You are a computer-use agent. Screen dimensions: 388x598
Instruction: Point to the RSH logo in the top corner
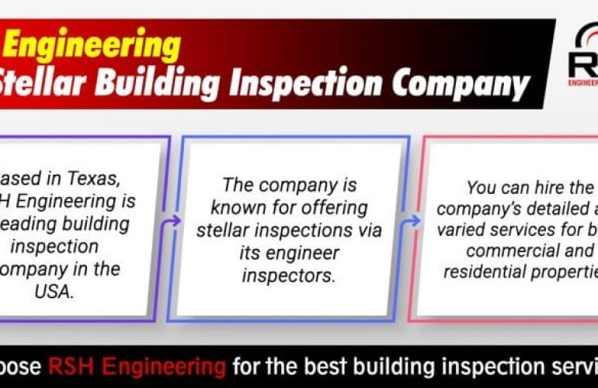click(x=582, y=58)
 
